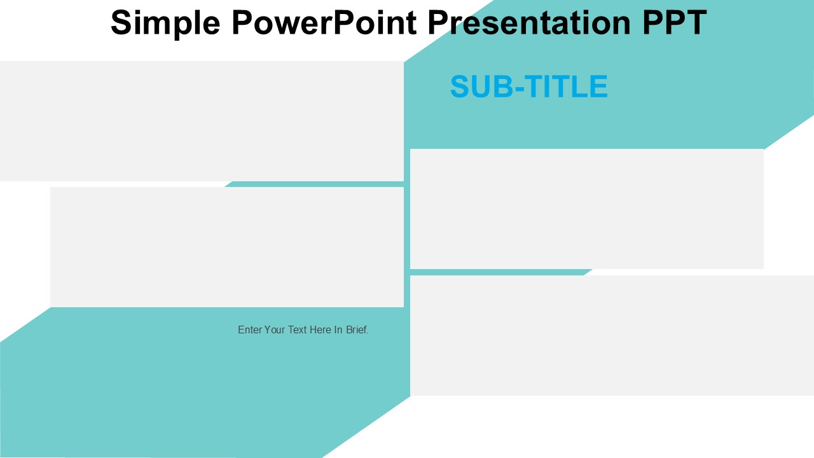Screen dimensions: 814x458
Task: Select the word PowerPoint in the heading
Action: [x=324, y=22]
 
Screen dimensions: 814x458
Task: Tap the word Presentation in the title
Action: [x=529, y=22]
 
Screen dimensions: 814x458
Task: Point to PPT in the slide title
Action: [x=675, y=22]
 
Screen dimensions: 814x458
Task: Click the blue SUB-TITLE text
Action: [x=528, y=87]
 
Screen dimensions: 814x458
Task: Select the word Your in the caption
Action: [x=274, y=330]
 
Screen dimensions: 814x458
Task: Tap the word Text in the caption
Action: [x=297, y=330]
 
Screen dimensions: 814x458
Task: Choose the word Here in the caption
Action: [x=321, y=330]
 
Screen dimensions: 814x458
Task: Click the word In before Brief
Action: [x=338, y=330]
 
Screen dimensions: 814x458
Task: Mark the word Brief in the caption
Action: [x=357, y=330]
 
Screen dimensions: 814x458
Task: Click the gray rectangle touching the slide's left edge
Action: [x=202, y=121]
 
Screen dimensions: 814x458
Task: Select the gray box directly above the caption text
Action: [x=227, y=247]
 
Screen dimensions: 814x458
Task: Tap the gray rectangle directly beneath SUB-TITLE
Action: [x=587, y=209]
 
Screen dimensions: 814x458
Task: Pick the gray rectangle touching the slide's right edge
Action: [x=612, y=335]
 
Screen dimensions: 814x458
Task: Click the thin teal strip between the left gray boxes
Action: [x=315, y=184]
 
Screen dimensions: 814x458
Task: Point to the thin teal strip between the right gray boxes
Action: [x=500, y=272]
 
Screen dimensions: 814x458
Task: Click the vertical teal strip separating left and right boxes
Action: [x=407, y=228]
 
